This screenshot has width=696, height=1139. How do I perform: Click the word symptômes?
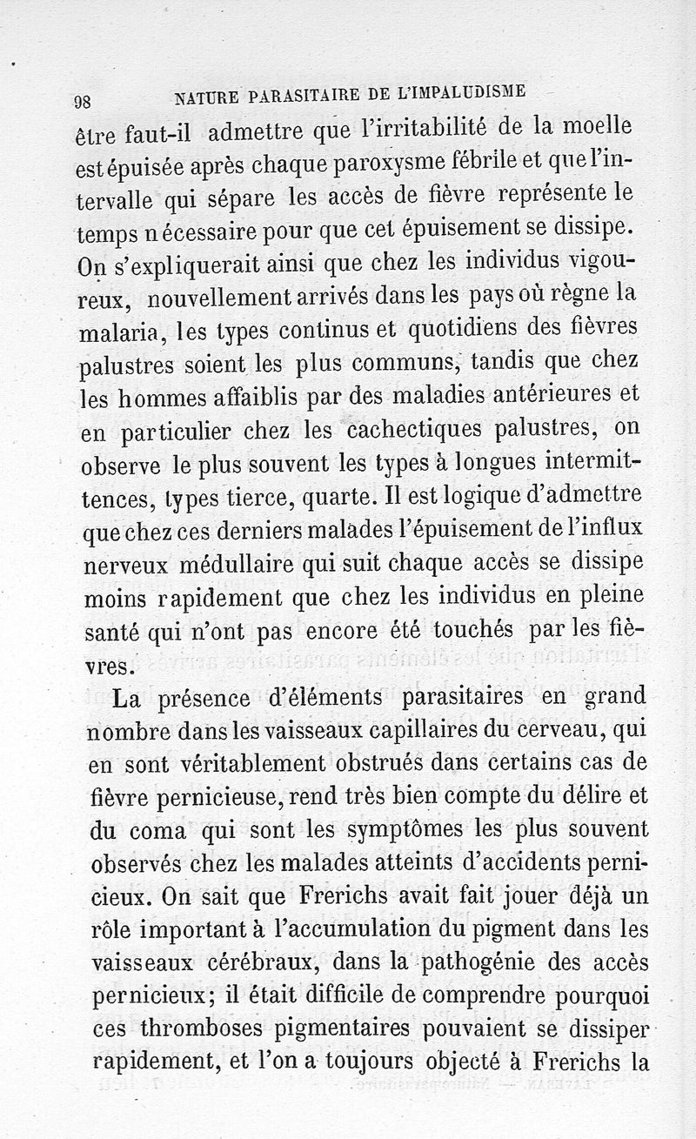click(x=409, y=830)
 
